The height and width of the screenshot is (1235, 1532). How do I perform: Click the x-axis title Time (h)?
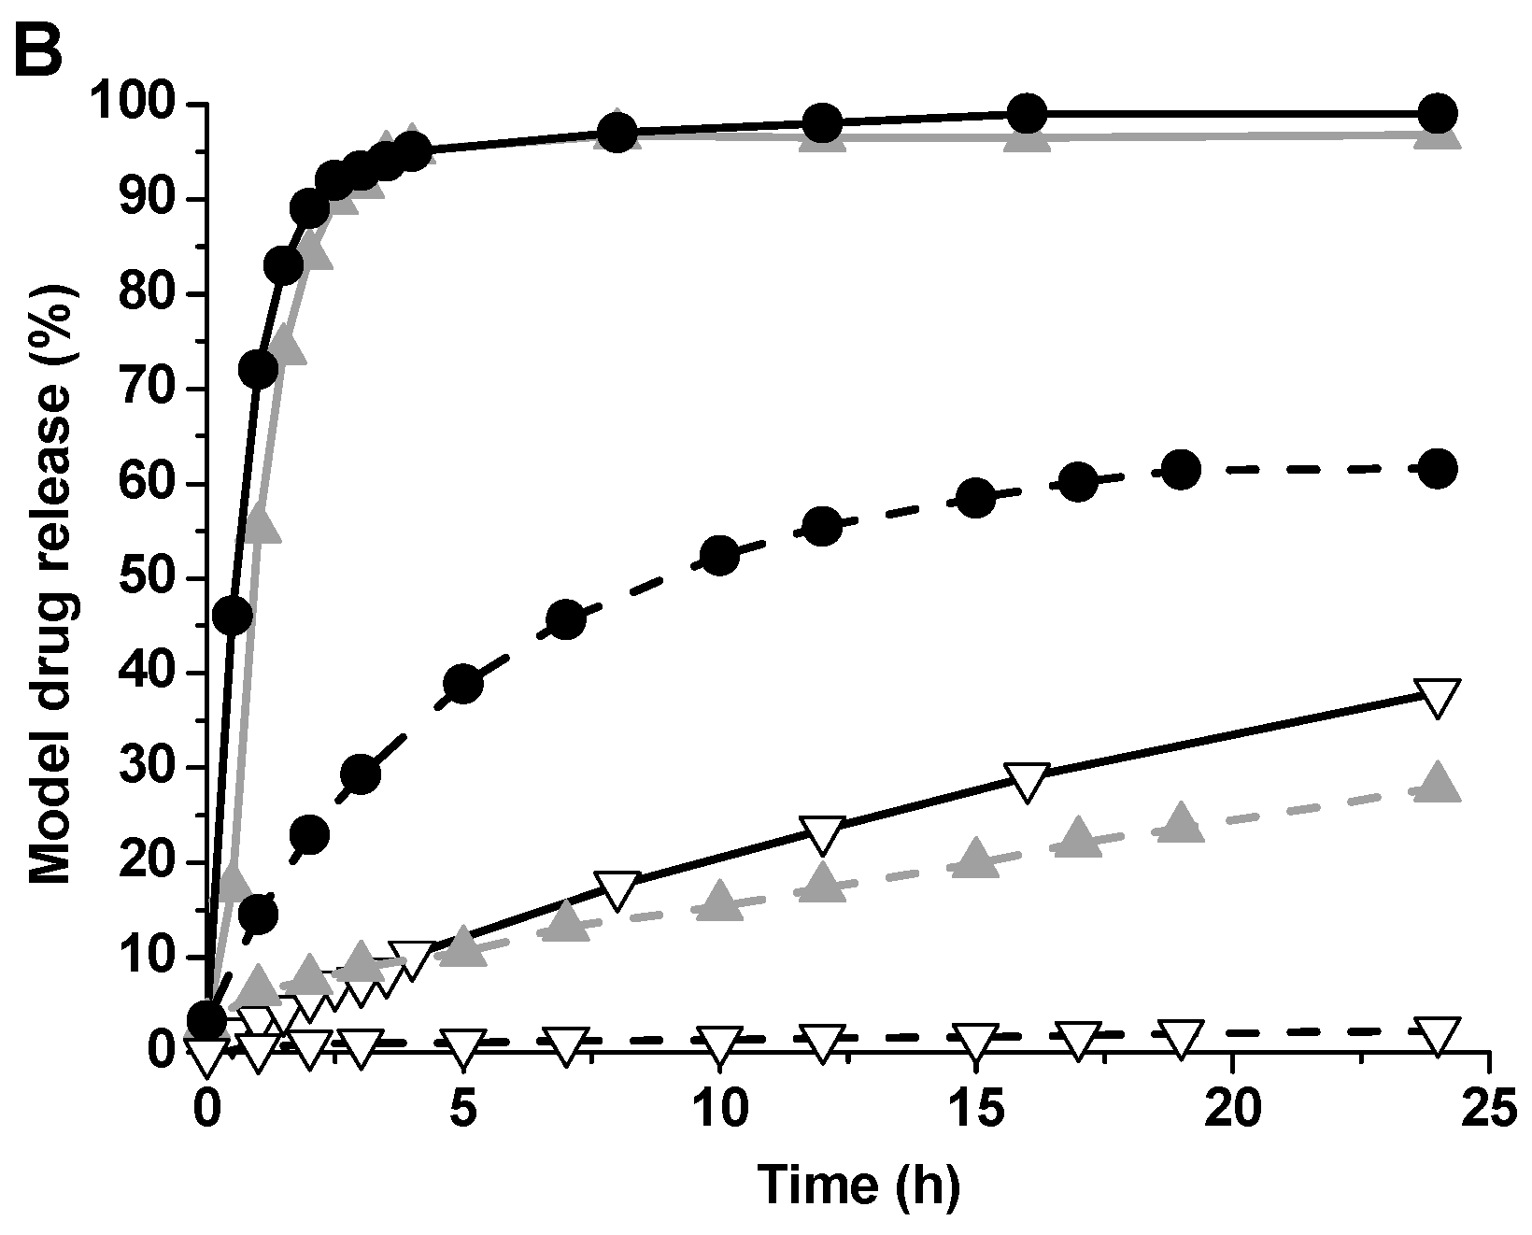pos(858,1185)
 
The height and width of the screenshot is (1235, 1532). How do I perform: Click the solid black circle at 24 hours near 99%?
pos(1437,114)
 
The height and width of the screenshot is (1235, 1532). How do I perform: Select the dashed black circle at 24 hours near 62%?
pos(1437,468)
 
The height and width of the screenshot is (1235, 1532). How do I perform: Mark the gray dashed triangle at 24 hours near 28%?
pos(1437,783)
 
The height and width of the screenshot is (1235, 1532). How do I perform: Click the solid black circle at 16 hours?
pos(1027,114)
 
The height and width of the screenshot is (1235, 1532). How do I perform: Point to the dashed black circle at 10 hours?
pos(718,556)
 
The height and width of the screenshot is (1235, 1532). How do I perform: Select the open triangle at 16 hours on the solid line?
pos(1027,781)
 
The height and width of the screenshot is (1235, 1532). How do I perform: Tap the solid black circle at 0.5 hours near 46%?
pos(232,614)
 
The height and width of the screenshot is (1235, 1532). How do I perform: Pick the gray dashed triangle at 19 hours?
pos(1181,821)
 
